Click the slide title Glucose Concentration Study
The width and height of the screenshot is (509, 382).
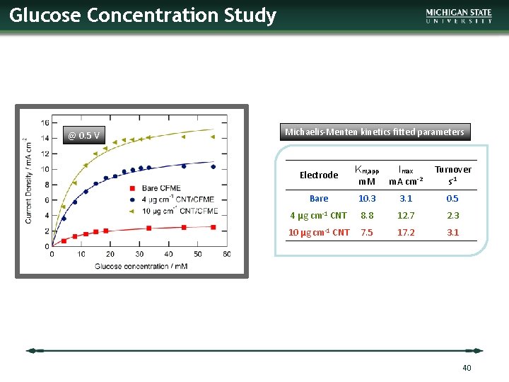coord(143,16)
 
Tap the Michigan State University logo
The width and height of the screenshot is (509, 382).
coord(459,16)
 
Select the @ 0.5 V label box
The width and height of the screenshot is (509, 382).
coord(84,135)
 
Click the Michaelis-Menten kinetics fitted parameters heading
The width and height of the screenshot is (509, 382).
coord(375,132)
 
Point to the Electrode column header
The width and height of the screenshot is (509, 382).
coord(319,175)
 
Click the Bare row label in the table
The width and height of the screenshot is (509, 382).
coord(319,199)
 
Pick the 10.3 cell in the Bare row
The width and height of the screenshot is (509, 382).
coord(367,199)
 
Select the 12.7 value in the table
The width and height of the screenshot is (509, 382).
coord(406,216)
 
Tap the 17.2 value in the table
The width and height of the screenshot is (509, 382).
coord(406,232)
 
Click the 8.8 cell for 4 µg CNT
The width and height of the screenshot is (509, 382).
coord(367,216)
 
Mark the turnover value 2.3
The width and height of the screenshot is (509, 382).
coord(452,216)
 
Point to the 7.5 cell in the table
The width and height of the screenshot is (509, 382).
coord(367,232)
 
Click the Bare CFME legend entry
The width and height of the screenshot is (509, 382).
coord(160,187)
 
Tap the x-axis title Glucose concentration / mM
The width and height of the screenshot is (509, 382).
coord(139,266)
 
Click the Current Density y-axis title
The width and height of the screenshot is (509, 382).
coord(29,180)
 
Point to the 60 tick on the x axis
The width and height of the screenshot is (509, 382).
coord(226,254)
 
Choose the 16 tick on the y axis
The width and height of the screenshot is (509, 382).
coord(44,122)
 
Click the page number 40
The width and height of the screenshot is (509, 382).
coord(466,368)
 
